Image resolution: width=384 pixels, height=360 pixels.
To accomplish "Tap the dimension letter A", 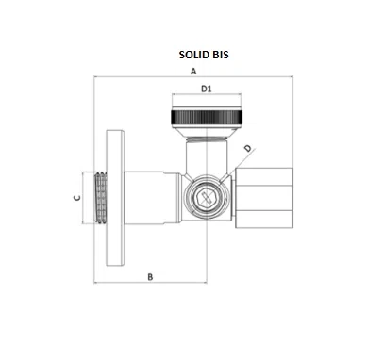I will pyautogui.click(x=193, y=72).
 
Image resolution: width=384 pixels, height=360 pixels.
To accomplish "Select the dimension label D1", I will pyautogui.click(x=209, y=90).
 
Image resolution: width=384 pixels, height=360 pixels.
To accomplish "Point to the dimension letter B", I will pyautogui.click(x=149, y=275).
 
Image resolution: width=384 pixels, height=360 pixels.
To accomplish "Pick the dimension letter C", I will pyautogui.click(x=77, y=198).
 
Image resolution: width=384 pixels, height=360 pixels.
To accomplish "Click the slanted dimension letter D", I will pyautogui.click(x=248, y=148).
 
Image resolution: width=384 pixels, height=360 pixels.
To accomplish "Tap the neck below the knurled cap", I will pyautogui.click(x=208, y=144).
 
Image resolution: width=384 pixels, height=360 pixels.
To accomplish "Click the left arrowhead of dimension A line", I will pyautogui.click(x=95, y=78).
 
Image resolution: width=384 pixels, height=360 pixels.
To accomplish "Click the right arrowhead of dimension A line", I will pyautogui.click(x=292, y=78).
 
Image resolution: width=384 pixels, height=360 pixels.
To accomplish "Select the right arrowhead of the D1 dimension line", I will pyautogui.click(x=247, y=96).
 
